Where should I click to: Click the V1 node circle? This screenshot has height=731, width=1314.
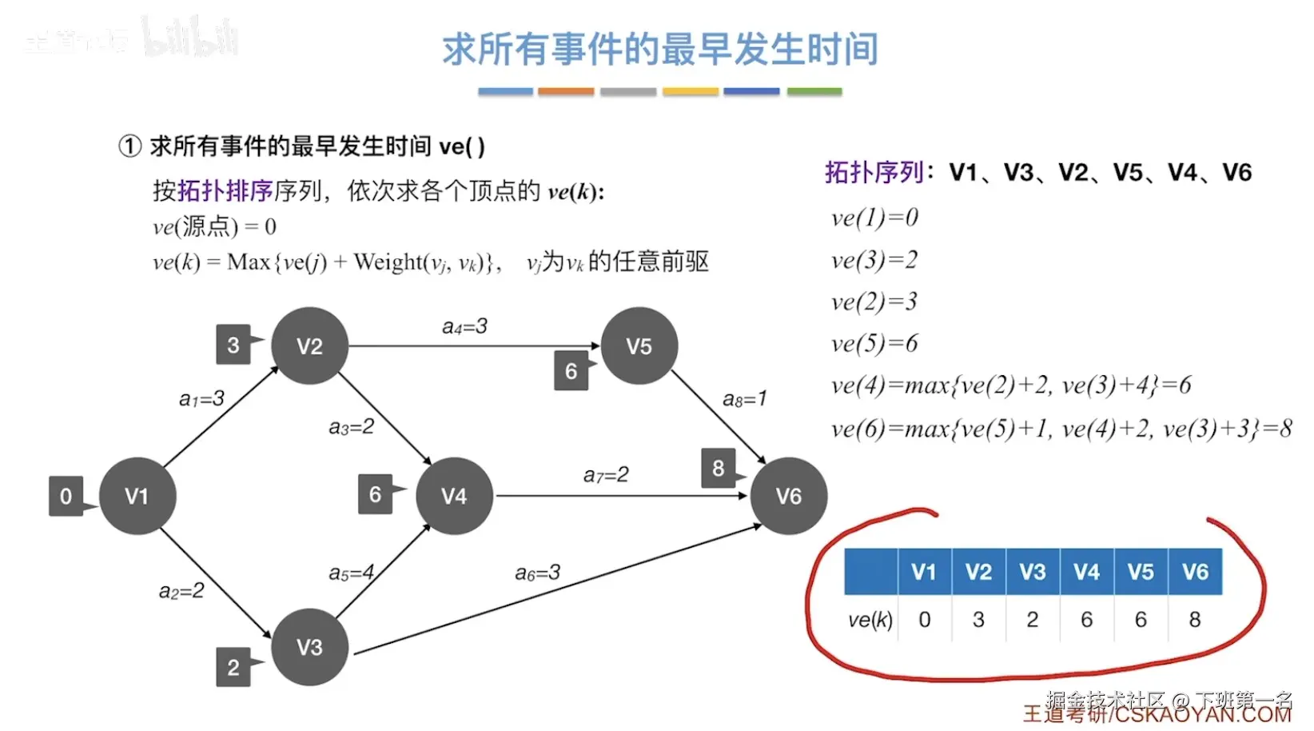[x=137, y=496]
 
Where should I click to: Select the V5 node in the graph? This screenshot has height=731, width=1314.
[x=639, y=346]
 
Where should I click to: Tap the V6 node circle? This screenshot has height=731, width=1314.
[x=788, y=496]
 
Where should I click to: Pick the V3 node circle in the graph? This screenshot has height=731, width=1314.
[x=309, y=646]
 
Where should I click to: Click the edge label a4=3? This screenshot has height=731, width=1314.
[x=464, y=326]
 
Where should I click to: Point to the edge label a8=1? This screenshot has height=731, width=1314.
[x=744, y=398]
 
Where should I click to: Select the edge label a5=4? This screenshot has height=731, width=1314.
[x=351, y=573]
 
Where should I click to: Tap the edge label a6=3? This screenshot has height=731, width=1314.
[x=537, y=573]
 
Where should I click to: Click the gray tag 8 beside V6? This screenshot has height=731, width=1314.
[x=718, y=468]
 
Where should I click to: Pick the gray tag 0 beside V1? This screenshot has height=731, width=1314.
[x=66, y=496]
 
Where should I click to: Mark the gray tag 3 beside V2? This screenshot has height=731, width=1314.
[x=233, y=345]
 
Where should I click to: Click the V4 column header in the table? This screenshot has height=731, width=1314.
[x=1086, y=572]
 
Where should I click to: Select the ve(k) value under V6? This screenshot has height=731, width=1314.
[x=1195, y=620]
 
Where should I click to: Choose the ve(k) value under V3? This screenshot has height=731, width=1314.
[x=1033, y=620]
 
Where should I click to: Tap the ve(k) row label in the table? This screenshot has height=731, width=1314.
[x=870, y=620]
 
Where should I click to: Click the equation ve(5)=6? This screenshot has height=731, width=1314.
[x=874, y=343]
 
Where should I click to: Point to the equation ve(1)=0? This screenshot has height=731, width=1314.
[x=874, y=218]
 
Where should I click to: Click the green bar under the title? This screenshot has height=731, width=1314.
[x=814, y=92]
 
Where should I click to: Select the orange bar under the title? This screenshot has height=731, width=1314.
[x=566, y=92]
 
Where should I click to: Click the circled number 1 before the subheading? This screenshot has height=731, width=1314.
[x=129, y=146]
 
